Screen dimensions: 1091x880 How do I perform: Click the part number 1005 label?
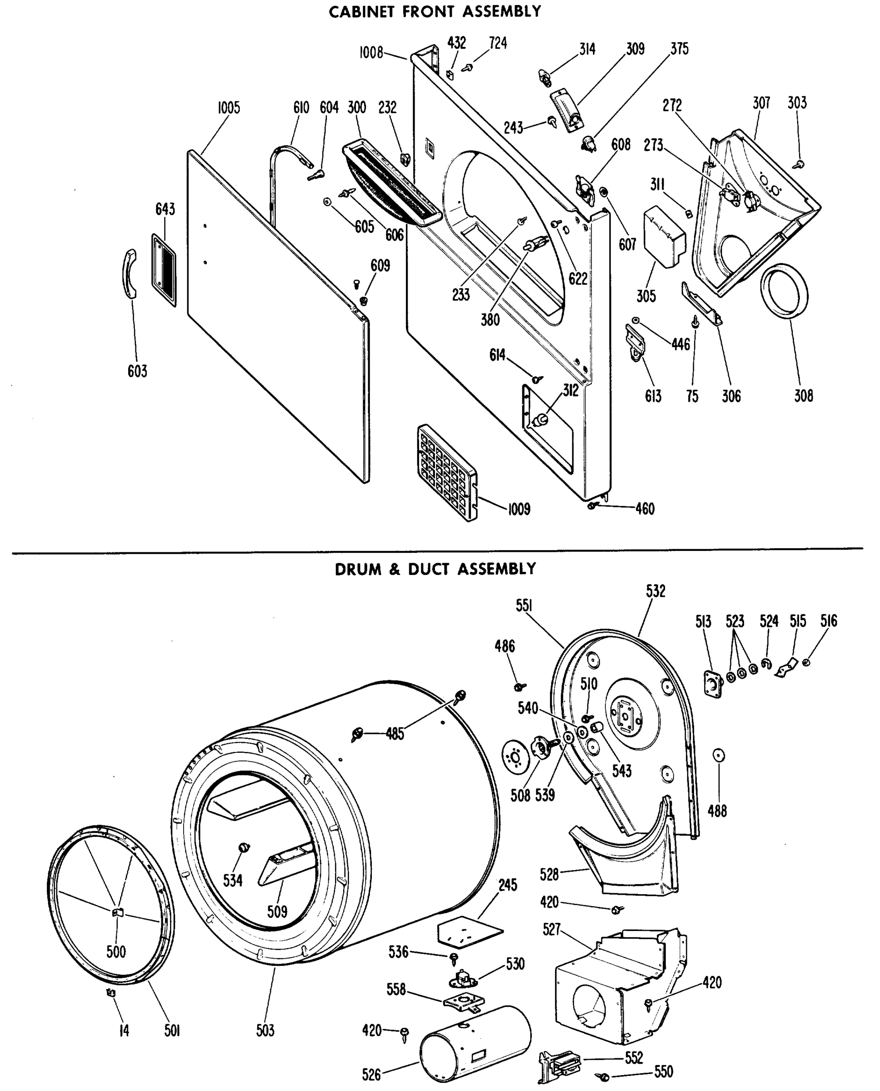tap(229, 108)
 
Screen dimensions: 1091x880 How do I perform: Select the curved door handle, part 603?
tap(131, 274)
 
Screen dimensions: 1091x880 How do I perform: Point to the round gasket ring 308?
tap(784, 291)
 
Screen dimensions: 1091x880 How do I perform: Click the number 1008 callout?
tap(371, 53)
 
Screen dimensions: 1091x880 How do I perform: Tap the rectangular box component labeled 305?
tap(663, 236)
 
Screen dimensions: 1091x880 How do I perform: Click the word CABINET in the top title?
tap(362, 12)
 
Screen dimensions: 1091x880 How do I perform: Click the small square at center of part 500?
tap(117, 912)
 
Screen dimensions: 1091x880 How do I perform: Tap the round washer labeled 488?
tap(718, 756)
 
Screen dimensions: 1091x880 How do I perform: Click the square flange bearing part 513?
tap(713, 685)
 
